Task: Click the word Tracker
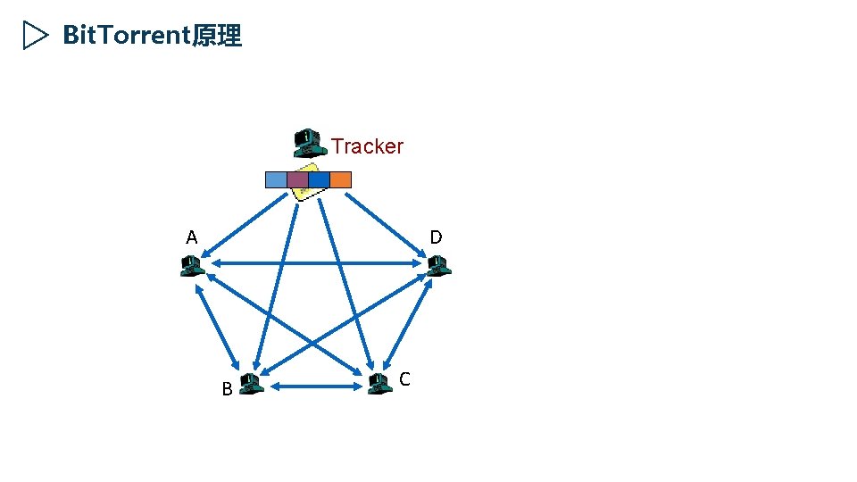pos(367,146)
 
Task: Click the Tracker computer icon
pos(308,142)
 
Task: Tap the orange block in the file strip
pos(340,179)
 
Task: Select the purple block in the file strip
pos(297,179)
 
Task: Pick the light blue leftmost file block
pos(276,179)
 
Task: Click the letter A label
pos(191,238)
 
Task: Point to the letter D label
pos(436,237)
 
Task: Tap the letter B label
pos(227,389)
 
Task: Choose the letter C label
pos(404,379)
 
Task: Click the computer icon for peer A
pos(191,266)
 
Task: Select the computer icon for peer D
pos(437,265)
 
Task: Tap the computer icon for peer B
pos(251,384)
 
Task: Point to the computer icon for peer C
pos(379,383)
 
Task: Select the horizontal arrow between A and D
pos(313,263)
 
